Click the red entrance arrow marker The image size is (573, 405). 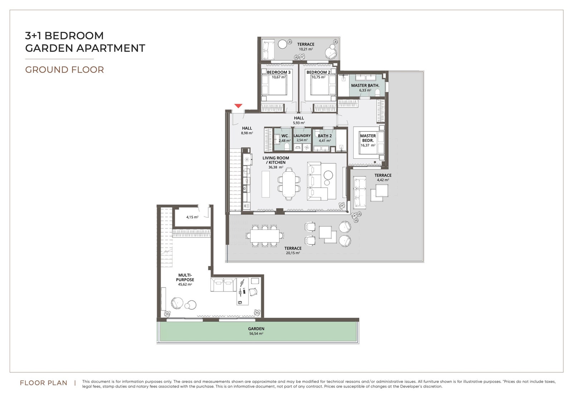pyautogui.click(x=238, y=106)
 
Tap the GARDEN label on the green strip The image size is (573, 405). pyautogui.click(x=256, y=329)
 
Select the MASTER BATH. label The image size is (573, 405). pyautogui.click(x=365, y=86)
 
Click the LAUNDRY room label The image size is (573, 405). pyautogui.click(x=302, y=136)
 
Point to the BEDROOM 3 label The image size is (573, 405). pyautogui.click(x=279, y=72)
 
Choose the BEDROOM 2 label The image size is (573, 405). pyautogui.click(x=318, y=72)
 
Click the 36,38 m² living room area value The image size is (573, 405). pyautogui.click(x=276, y=167)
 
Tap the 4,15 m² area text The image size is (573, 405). pyautogui.click(x=192, y=217)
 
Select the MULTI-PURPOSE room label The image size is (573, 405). pyautogui.click(x=185, y=278)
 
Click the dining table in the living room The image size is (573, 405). pyautogui.click(x=289, y=184)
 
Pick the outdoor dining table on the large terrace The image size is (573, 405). pyautogui.click(x=265, y=236)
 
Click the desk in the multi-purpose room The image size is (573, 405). pyautogui.click(x=242, y=291)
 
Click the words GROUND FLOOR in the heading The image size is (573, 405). pyautogui.click(x=64, y=69)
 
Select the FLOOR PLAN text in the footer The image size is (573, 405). pyautogui.click(x=43, y=383)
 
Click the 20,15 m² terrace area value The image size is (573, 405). pyautogui.click(x=293, y=253)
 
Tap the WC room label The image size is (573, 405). pyautogui.click(x=284, y=136)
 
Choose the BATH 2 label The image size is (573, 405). pyautogui.click(x=324, y=136)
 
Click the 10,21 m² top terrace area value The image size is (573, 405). pyautogui.click(x=306, y=49)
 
